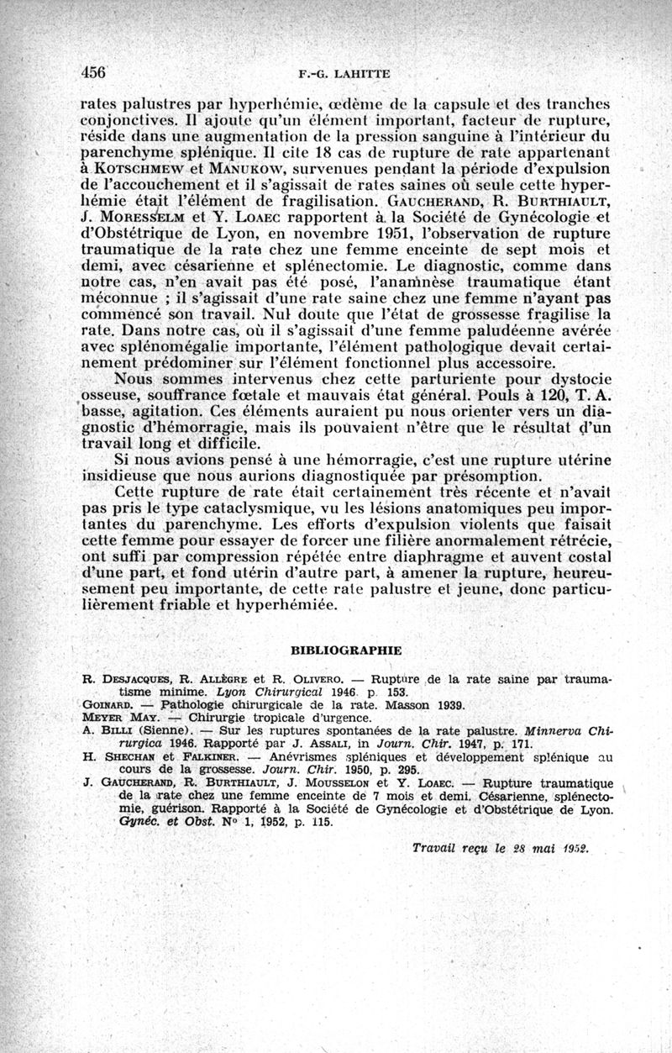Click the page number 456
(93, 72)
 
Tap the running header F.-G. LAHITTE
(339, 73)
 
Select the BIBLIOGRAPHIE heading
(346, 650)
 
